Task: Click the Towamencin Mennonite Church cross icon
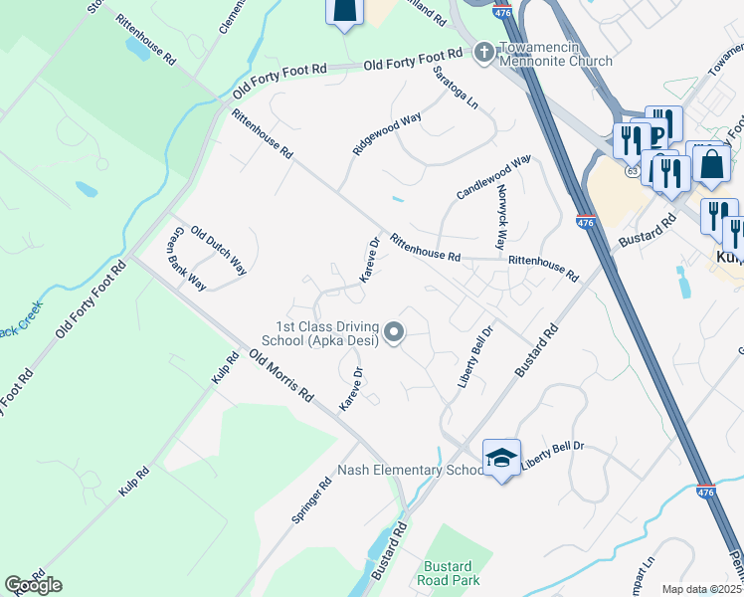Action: point(483,52)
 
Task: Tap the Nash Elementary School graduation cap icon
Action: point(501,458)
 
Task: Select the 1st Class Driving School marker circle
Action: point(395,333)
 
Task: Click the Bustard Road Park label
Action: point(451,572)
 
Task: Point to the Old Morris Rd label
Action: point(281,375)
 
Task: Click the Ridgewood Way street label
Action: point(387,133)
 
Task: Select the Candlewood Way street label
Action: point(494,176)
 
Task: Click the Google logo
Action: point(33,585)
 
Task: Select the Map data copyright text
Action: point(701,589)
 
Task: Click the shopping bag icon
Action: point(713,163)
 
